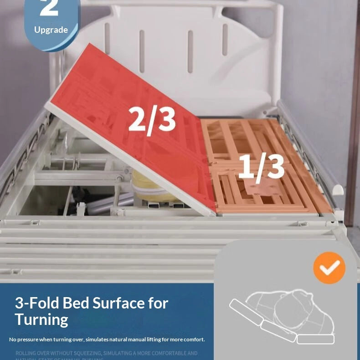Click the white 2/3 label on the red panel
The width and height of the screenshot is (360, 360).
tap(152, 119)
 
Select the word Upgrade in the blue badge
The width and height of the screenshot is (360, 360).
tap(51, 30)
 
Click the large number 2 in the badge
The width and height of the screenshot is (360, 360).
tap(49, 8)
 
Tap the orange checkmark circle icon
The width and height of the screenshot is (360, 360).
tap(329, 267)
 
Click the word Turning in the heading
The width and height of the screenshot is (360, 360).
tap(41, 319)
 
